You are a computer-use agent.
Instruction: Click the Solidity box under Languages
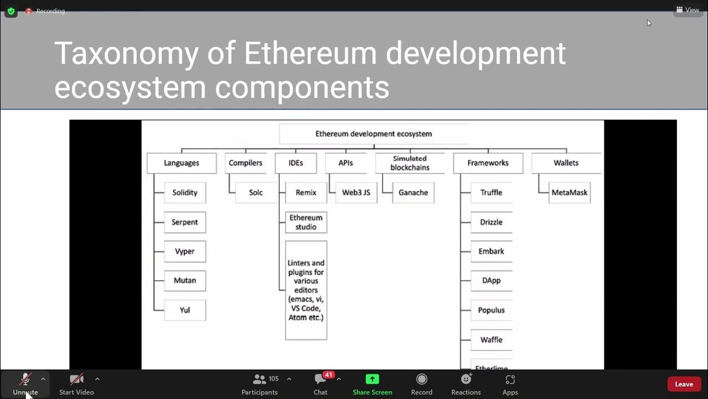(x=185, y=192)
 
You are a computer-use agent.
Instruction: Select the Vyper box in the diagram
(x=185, y=251)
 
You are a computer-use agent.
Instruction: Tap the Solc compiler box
(x=256, y=192)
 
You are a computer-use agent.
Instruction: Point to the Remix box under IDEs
(x=306, y=192)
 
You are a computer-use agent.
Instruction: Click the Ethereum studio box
(x=306, y=222)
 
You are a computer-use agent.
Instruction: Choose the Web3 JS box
(x=356, y=192)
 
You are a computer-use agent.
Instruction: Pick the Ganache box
(x=413, y=192)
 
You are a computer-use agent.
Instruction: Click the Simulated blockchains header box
(x=410, y=163)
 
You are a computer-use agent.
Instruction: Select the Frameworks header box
(x=487, y=163)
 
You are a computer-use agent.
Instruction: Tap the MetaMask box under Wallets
(x=569, y=192)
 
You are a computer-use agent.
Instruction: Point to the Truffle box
(x=491, y=192)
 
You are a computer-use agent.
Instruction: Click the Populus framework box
(x=491, y=310)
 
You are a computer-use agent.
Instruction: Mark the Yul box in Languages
(x=185, y=310)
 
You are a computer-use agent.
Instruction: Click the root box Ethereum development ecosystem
(x=373, y=134)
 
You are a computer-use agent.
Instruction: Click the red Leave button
(x=684, y=384)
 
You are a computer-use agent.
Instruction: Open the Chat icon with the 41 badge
(x=321, y=380)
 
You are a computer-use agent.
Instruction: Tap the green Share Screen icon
(x=372, y=379)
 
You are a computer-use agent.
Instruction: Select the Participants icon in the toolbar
(x=259, y=380)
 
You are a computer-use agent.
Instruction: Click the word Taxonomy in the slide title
(x=126, y=54)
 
